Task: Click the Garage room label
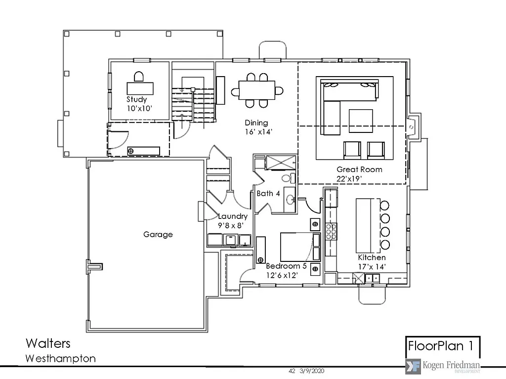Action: click(158, 234)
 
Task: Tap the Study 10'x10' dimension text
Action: click(136, 108)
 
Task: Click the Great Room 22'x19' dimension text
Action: click(349, 178)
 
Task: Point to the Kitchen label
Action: click(372, 258)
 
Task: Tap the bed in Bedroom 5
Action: click(295, 246)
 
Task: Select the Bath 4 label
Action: click(268, 194)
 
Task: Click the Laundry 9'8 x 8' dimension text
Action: click(233, 225)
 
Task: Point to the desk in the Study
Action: click(140, 87)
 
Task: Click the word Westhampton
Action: click(60, 358)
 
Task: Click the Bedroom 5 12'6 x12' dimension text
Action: click(282, 275)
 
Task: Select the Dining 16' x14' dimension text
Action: click(256, 132)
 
